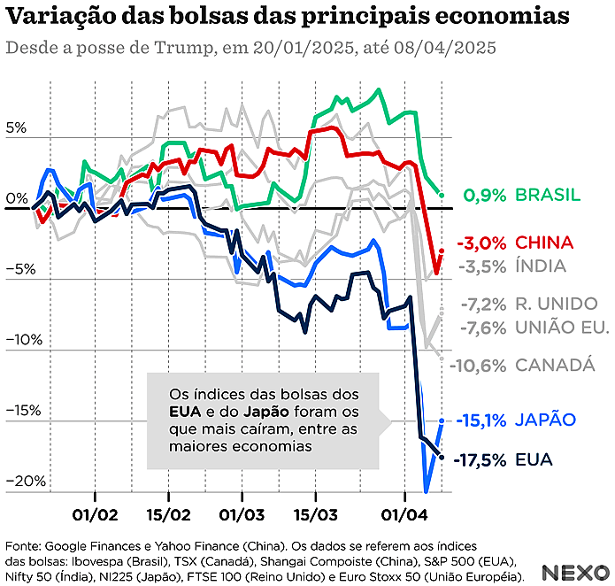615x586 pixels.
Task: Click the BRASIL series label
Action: pos(548,195)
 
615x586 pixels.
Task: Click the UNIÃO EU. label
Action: pos(561,328)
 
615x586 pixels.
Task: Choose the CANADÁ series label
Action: pos(554,364)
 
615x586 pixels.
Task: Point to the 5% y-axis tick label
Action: pos(16,127)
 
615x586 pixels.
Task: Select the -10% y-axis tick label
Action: pos(20,339)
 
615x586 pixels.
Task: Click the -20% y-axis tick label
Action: pos(20,481)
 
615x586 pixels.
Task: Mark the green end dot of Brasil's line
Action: pos(441,194)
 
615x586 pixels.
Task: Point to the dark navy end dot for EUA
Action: pos(442,456)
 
